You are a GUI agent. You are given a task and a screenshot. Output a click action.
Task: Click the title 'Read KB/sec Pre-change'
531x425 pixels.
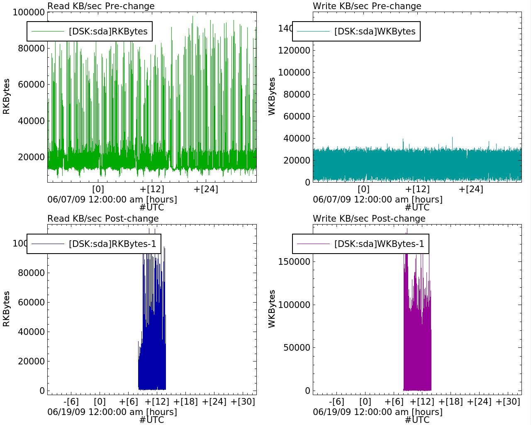(101, 6)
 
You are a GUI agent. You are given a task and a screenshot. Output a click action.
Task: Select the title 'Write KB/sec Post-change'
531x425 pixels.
(369, 219)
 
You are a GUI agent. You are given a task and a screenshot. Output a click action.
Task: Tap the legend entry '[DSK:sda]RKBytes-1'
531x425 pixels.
(112, 244)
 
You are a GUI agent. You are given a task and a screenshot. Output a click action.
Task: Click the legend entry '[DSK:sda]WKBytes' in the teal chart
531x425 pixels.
(375, 32)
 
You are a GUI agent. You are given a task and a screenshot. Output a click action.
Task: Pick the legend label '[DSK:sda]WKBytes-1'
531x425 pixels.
(379, 244)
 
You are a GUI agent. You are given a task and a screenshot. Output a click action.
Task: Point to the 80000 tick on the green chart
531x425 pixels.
(32, 48)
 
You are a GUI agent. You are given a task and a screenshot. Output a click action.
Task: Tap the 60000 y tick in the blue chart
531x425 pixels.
(32, 302)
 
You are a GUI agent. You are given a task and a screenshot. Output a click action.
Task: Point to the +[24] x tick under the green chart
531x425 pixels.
(206, 189)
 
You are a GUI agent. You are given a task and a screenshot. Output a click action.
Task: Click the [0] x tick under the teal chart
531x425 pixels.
(363, 189)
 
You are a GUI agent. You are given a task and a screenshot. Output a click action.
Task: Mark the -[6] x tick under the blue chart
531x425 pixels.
(71, 402)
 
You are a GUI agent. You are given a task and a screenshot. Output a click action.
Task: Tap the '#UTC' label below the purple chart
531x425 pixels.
(417, 420)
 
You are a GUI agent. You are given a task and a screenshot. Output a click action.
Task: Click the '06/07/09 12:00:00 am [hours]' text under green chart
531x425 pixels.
(112, 200)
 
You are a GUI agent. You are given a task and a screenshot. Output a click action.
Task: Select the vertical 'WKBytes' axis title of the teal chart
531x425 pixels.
(272, 96)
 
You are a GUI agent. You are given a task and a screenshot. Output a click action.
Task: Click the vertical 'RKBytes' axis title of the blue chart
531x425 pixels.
(7, 309)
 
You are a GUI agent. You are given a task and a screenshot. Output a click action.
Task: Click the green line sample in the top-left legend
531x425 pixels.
(48, 32)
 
